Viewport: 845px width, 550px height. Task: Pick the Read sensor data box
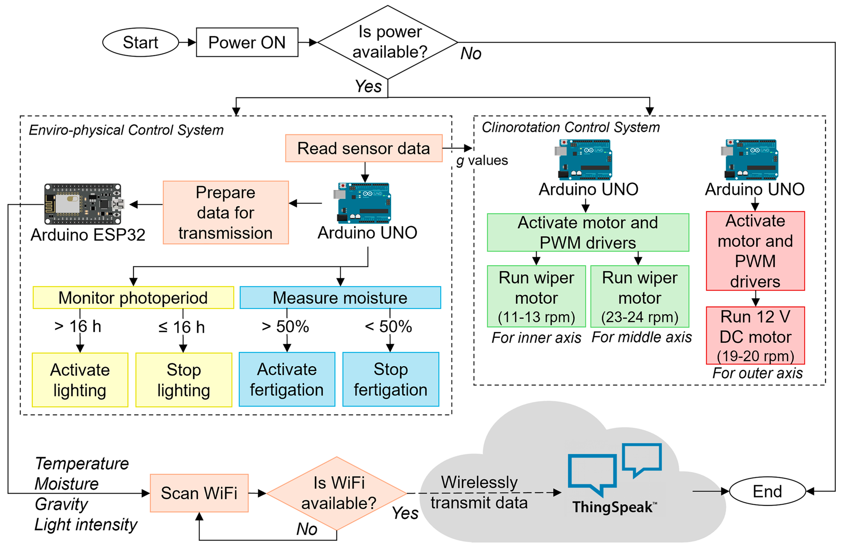364,148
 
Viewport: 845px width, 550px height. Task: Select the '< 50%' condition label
389,326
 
